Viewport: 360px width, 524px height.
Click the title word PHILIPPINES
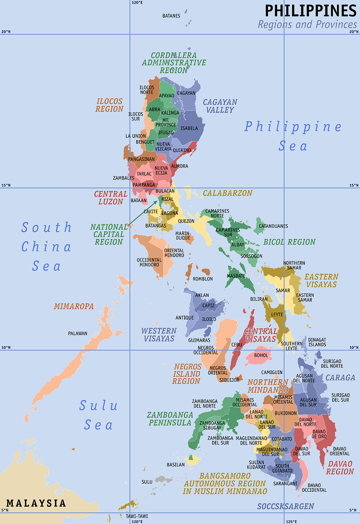click(x=310, y=11)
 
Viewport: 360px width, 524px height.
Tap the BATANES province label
click(x=171, y=16)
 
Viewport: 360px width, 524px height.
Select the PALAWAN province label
click(x=78, y=334)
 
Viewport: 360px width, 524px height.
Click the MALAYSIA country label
click(x=36, y=503)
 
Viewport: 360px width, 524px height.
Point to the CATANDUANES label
click(x=273, y=226)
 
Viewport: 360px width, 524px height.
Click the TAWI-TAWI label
click(x=137, y=516)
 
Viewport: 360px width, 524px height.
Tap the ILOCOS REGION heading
click(x=109, y=105)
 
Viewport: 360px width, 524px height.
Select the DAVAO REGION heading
click(x=340, y=468)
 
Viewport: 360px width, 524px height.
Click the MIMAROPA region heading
click(x=74, y=307)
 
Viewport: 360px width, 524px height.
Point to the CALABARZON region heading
click(x=228, y=193)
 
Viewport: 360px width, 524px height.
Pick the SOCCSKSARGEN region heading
click(x=285, y=506)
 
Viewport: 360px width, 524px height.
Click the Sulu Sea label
click(x=98, y=415)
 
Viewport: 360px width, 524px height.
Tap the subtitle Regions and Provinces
click(x=307, y=25)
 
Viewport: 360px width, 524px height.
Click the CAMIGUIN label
click(x=272, y=373)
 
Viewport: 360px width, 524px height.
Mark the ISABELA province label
click(x=189, y=128)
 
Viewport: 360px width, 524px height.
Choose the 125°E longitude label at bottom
click(x=291, y=521)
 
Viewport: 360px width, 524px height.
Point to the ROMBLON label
click(x=202, y=279)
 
